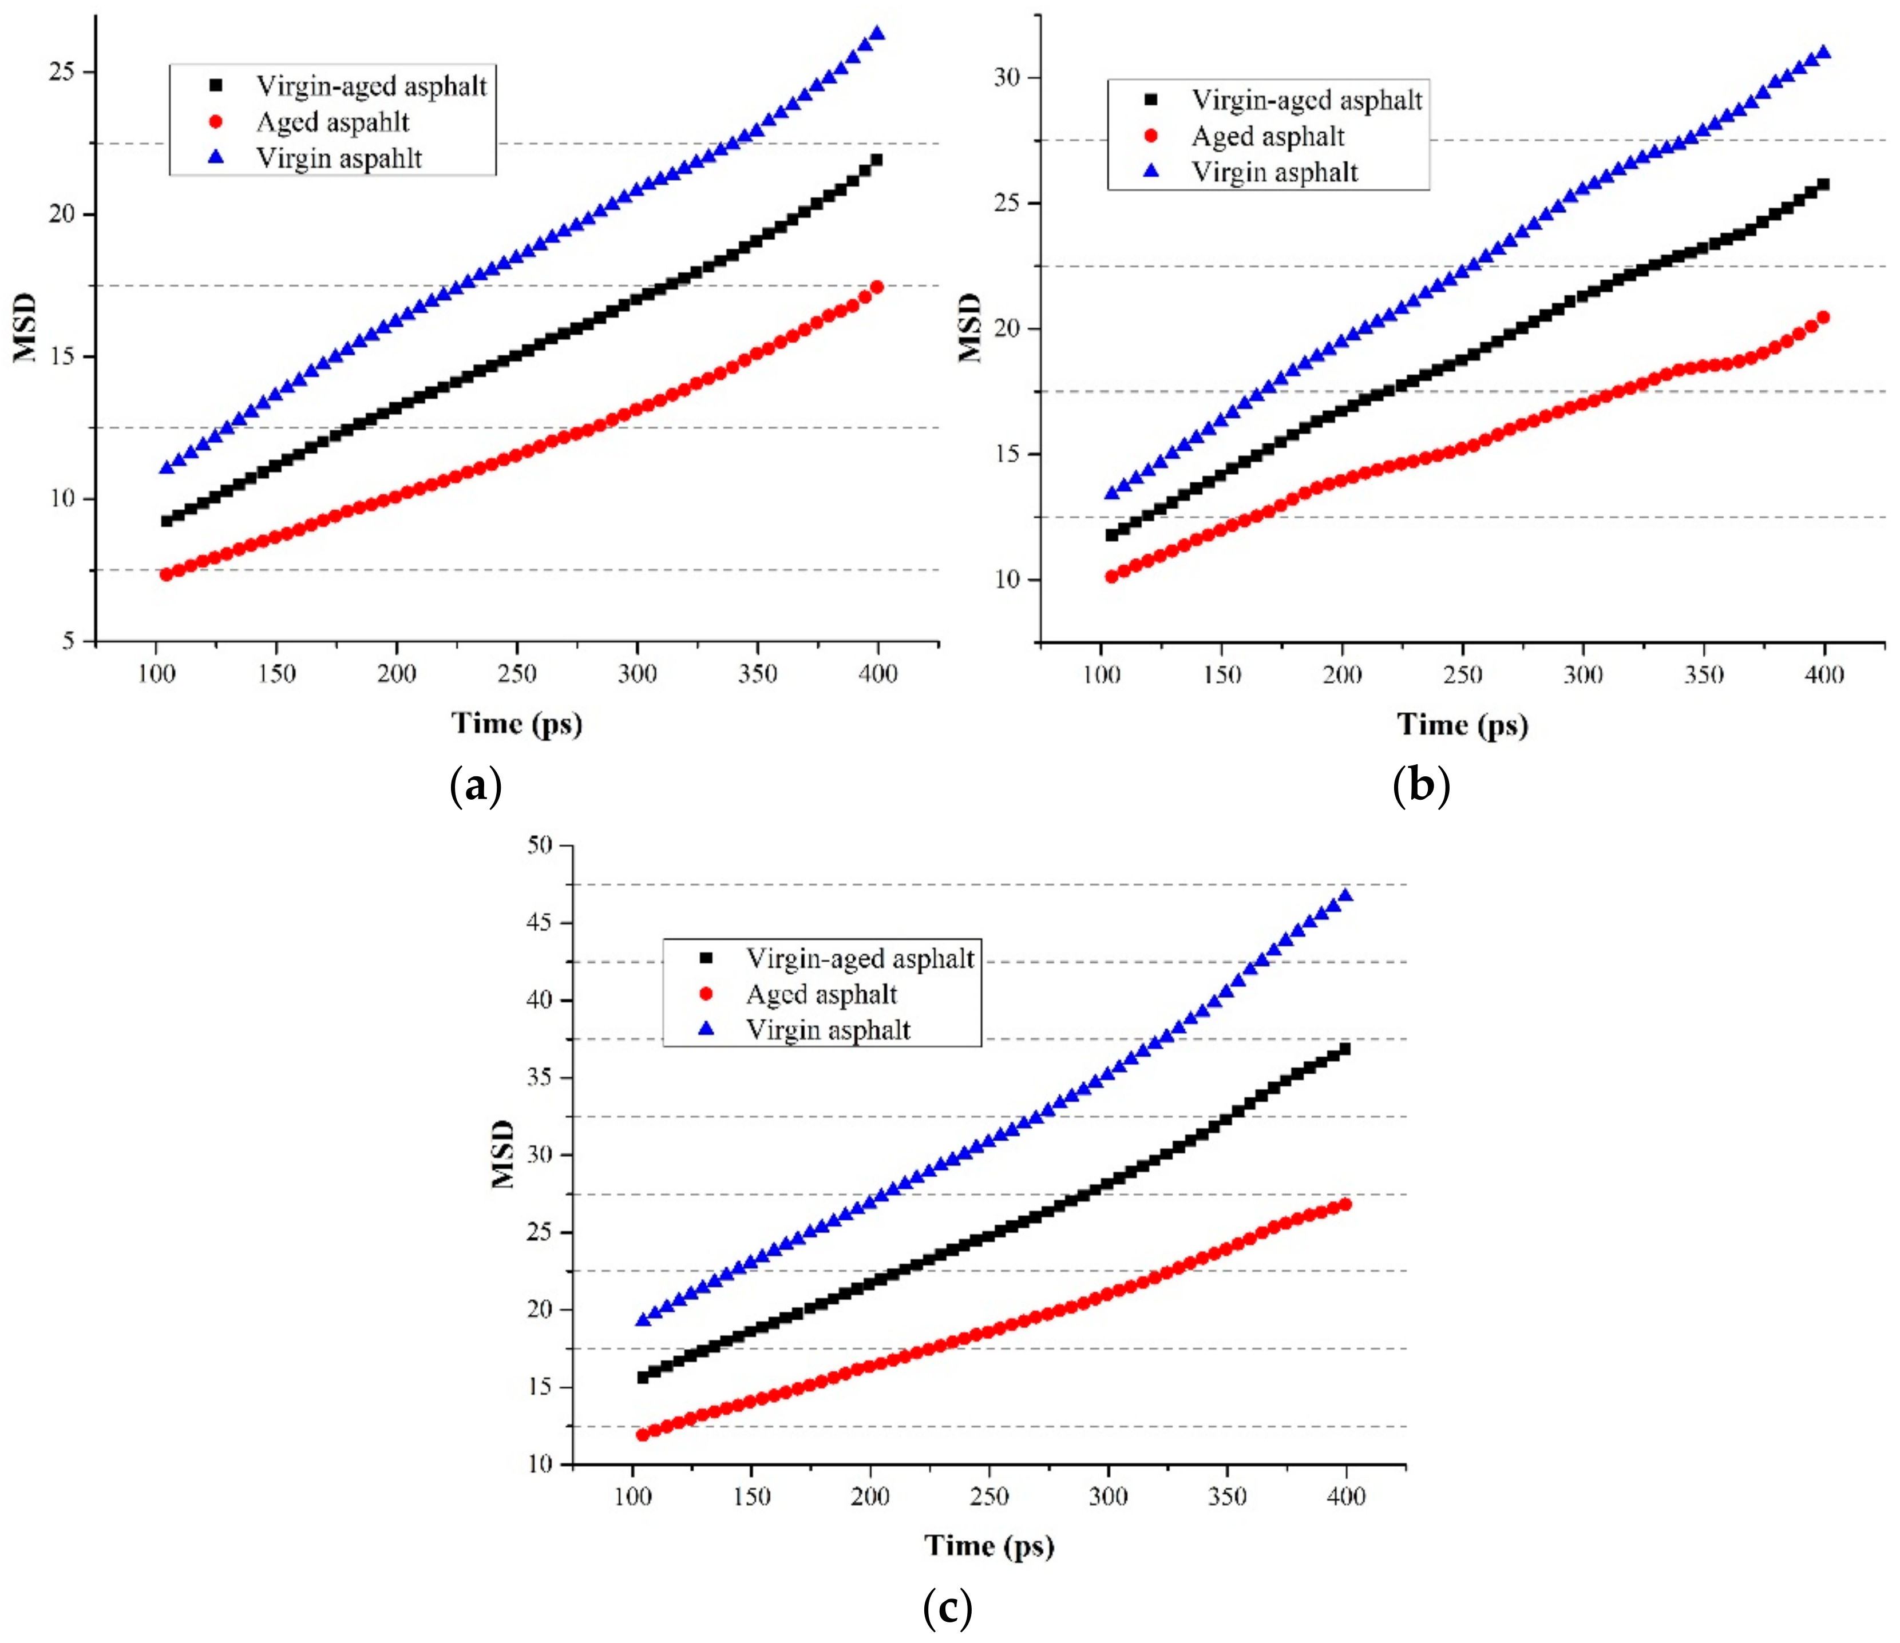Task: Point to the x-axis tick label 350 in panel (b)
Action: click(x=1703, y=676)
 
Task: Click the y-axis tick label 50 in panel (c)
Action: click(x=540, y=844)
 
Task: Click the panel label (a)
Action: click(x=476, y=785)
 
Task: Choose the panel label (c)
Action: click(x=947, y=1607)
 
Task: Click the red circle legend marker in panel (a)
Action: click(x=216, y=122)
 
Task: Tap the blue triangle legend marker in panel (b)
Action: click(x=1152, y=172)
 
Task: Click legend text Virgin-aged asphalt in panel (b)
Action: click(x=1306, y=100)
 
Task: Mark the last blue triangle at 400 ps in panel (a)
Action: click(x=877, y=34)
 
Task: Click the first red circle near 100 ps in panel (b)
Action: click(x=1111, y=577)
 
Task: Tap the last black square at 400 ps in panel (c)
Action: click(x=1344, y=1049)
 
